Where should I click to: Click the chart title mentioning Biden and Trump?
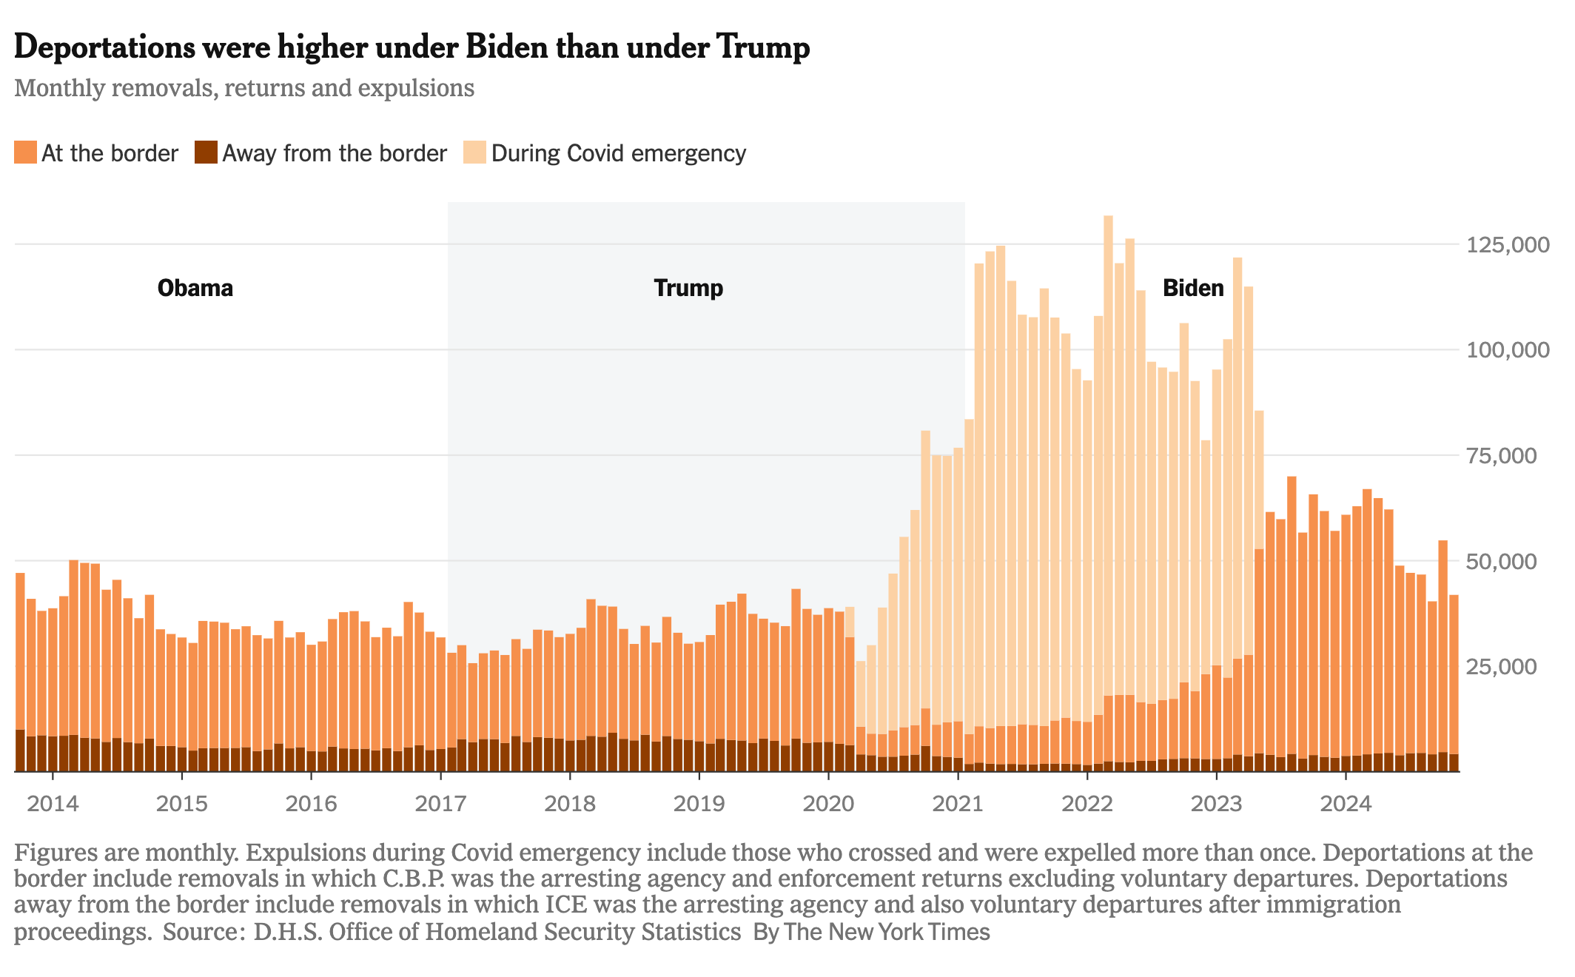coord(412,47)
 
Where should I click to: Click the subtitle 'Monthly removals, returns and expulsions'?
coord(244,88)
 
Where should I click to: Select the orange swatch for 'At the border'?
coord(25,153)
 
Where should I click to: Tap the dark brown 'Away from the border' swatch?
coord(206,153)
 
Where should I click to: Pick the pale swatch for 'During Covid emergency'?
coord(474,153)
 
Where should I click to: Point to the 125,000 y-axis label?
coord(1508,245)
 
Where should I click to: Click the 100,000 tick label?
coord(1508,350)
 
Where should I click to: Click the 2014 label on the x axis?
coord(52,804)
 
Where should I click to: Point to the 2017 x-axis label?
coord(440,804)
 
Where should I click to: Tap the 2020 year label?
coord(827,804)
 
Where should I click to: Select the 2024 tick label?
coord(1345,804)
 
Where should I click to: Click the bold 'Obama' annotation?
coord(195,288)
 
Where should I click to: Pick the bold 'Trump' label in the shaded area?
coord(688,288)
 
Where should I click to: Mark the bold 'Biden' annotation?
coord(1193,288)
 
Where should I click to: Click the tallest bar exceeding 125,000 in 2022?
coord(1108,444)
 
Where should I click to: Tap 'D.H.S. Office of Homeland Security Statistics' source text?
coord(497,932)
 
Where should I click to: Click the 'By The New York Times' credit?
coord(871,932)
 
